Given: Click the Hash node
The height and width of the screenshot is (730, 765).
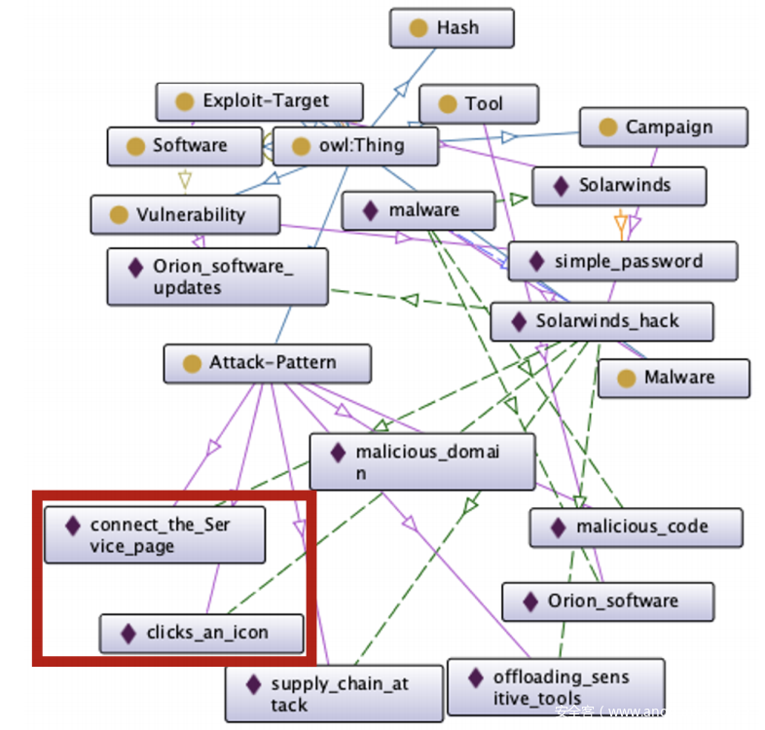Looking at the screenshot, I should tap(452, 28).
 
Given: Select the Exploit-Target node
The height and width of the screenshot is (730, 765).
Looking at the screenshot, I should tap(259, 101).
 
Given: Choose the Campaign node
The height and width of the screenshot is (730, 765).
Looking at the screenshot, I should tap(663, 128).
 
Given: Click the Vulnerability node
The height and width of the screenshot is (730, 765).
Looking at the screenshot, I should tap(185, 215).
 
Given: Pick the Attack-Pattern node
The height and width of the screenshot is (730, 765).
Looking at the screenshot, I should tap(267, 363).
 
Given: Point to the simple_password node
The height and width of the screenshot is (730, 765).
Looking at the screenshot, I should tap(622, 261).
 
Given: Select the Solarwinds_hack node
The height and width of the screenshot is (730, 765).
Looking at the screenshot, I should tap(601, 321).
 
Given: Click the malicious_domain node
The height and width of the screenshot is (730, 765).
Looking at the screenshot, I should tap(421, 461).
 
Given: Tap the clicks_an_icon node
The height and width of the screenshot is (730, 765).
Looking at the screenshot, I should tap(201, 634).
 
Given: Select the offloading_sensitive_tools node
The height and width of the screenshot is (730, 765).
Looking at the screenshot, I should tap(555, 687).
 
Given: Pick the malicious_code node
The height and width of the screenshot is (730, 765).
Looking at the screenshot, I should tap(635, 528).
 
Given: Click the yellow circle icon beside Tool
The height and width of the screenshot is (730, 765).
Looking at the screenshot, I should tap(448, 104).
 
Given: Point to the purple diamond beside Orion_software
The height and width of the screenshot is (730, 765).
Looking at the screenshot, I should tap(530, 602).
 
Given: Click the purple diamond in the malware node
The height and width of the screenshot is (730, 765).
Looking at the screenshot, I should tap(370, 210).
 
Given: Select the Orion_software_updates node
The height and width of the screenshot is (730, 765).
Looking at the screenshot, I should tap(217, 276).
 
